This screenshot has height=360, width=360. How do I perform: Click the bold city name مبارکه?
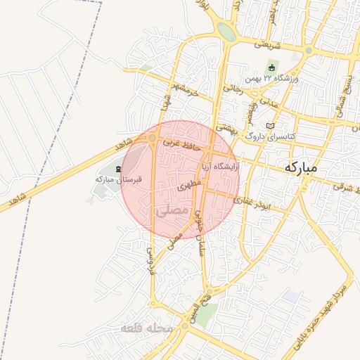[x=311, y=169]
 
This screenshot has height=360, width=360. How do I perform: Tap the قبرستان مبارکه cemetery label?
[x=119, y=179]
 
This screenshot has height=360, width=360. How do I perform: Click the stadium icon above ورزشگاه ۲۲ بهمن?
[x=271, y=67]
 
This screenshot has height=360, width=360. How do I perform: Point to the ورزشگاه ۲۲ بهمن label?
[x=271, y=78]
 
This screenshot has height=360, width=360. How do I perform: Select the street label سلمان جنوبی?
[x=200, y=232]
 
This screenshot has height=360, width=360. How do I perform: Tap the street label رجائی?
[x=232, y=89]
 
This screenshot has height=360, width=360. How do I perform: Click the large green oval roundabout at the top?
[x=226, y=31]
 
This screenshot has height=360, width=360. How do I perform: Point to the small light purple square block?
[x=290, y=296]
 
